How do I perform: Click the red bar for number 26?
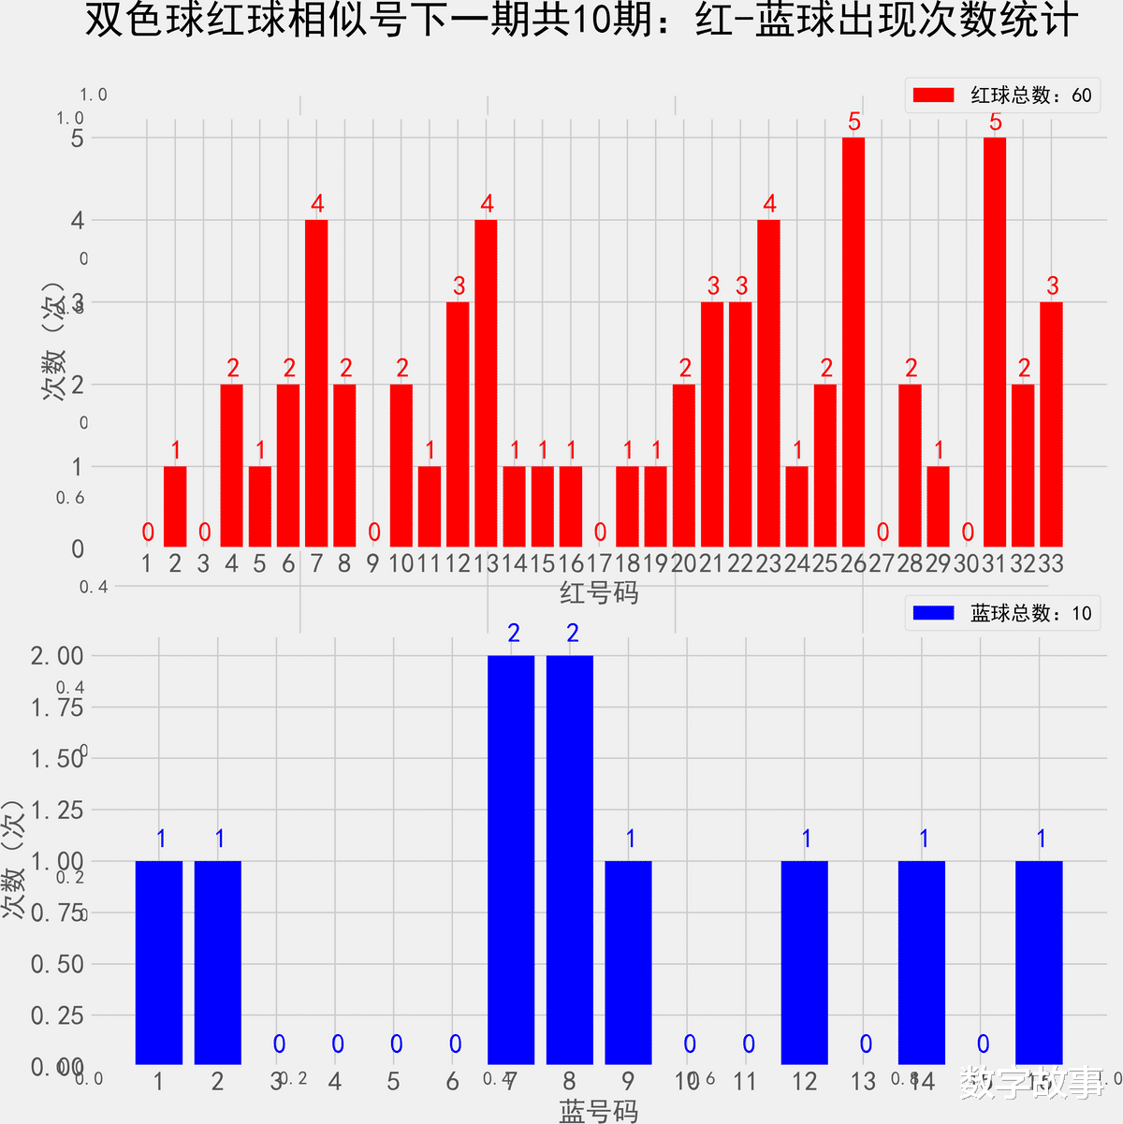[x=853, y=343]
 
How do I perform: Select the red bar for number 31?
[x=994, y=343]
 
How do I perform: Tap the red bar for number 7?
[x=316, y=384]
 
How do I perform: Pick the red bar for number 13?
[x=486, y=384]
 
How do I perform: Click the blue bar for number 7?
[x=511, y=859]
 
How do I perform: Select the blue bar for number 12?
[x=805, y=962]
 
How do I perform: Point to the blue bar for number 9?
[x=628, y=962]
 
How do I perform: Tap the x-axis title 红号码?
[x=599, y=592]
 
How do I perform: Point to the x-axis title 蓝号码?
[x=599, y=1111]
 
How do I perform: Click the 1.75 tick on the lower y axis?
[x=57, y=708]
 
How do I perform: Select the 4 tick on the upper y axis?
[x=78, y=221]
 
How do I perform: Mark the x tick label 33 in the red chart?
[x=1050, y=563]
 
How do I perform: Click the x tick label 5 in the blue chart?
[x=394, y=1082]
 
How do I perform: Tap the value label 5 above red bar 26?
[x=853, y=122]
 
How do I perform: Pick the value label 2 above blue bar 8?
[x=573, y=634]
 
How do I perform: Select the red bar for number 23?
[x=768, y=384]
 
